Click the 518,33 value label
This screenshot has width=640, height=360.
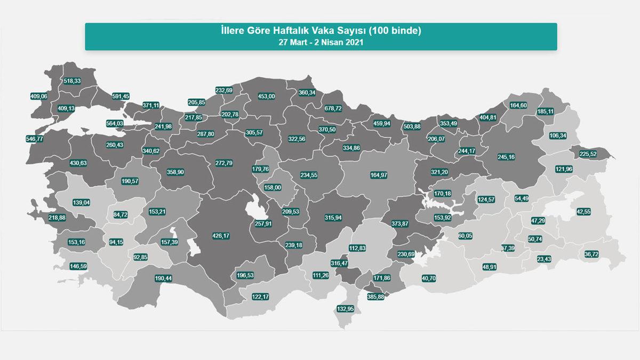tap(72, 81)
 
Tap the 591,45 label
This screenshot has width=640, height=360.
tap(121, 96)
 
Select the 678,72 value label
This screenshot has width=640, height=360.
tap(333, 108)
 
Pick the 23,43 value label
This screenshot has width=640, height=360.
tap(544, 259)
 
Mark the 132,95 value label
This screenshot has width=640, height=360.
tap(346, 308)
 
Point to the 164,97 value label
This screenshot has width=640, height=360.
tap(379, 174)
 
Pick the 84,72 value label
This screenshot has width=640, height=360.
tap(121, 214)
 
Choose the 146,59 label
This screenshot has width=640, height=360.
tap(78, 265)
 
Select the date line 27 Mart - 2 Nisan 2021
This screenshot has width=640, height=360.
tap(321, 43)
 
